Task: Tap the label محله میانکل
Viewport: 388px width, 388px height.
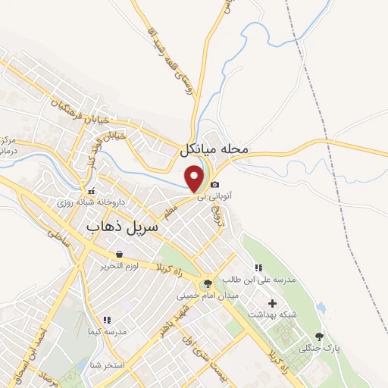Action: pos(214,149)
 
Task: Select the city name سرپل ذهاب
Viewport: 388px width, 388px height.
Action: pos(122,226)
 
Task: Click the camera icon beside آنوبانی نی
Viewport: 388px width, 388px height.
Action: pos(215,185)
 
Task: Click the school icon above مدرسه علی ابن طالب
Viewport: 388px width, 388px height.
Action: pos(258,268)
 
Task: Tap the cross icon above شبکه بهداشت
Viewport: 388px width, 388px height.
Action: pos(272,303)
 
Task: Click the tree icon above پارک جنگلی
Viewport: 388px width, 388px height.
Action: pos(318,336)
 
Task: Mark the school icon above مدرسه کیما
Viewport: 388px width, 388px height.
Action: pos(106,321)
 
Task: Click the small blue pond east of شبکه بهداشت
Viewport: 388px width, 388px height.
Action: pos(321,308)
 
